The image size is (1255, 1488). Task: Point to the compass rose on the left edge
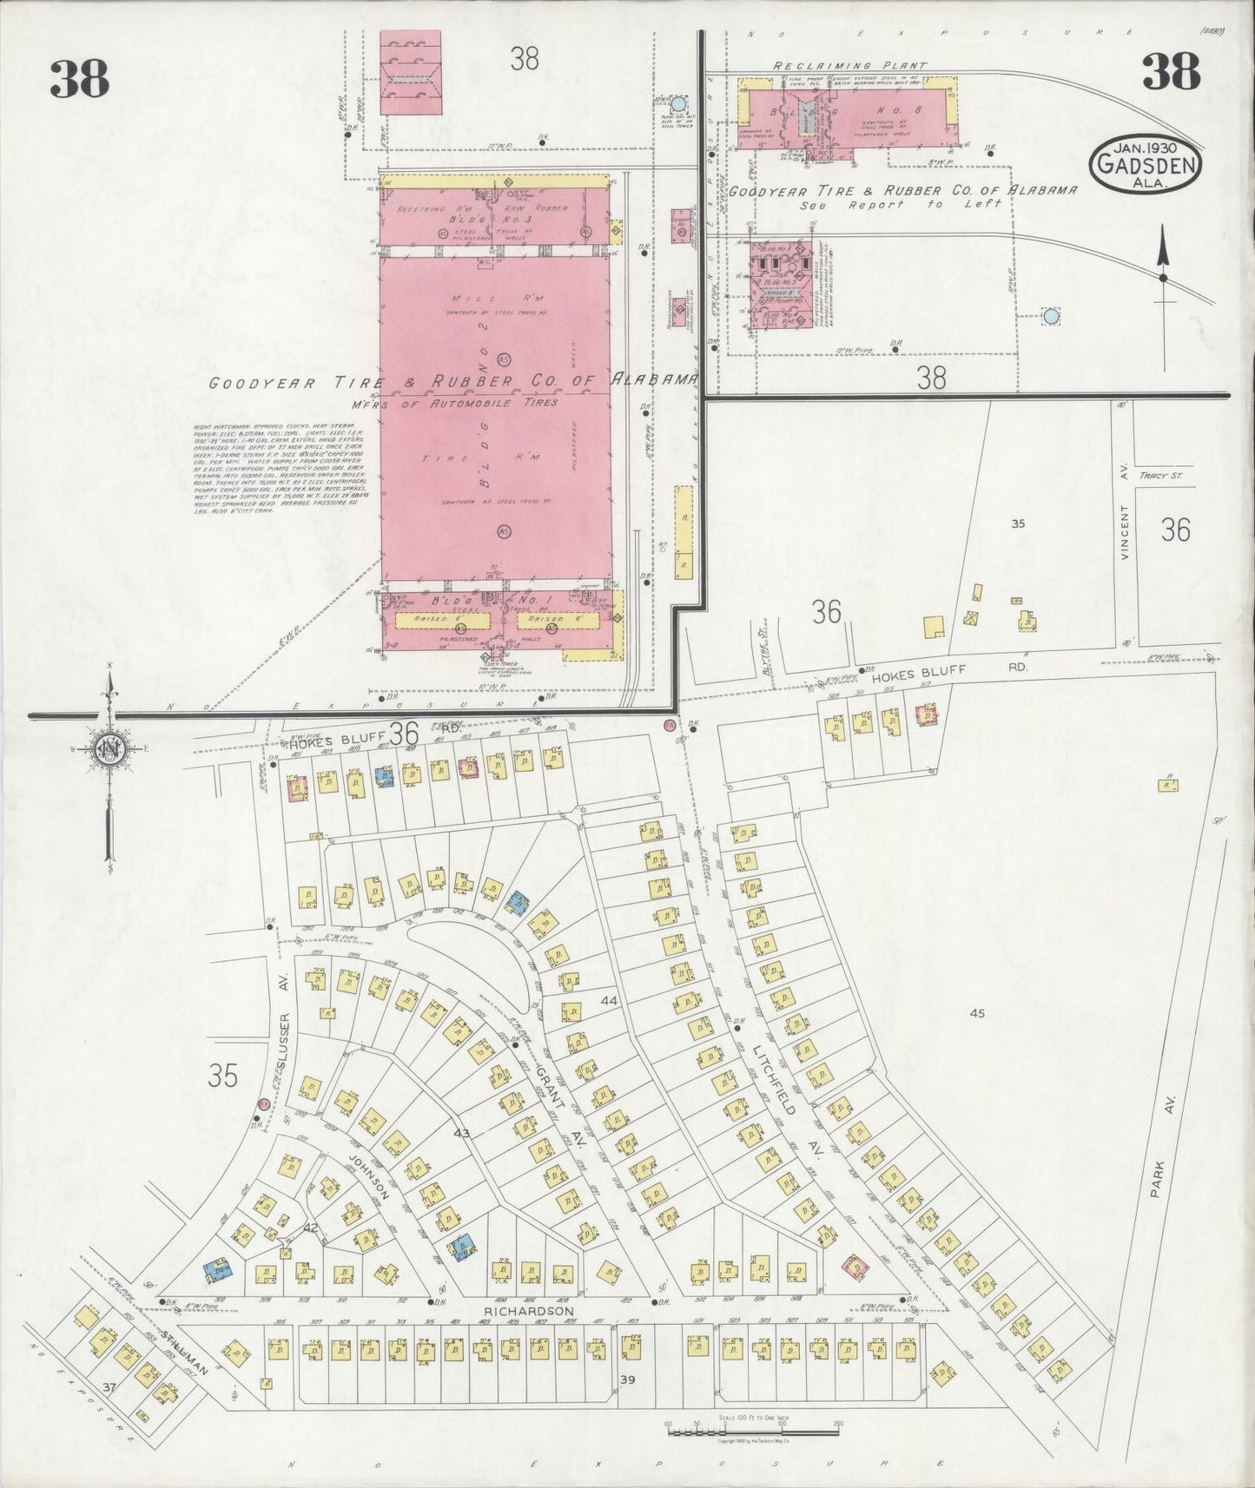coord(109,749)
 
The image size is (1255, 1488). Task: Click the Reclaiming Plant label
coord(849,66)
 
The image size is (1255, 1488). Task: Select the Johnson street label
coord(366,1175)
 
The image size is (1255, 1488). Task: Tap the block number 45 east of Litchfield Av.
coord(978,1013)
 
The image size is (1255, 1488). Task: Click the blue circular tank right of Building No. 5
coord(1051,316)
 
